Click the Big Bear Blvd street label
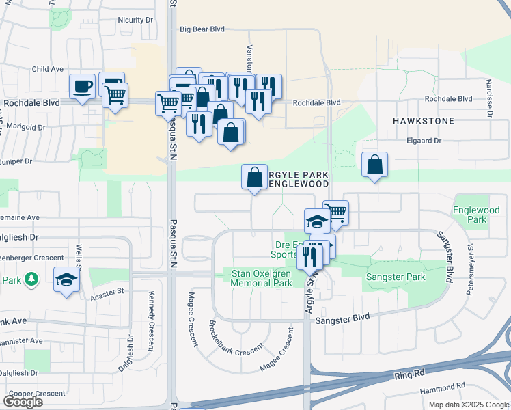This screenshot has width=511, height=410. click(202, 29)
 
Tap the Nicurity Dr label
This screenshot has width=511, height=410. click(135, 20)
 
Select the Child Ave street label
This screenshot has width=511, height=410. click(48, 69)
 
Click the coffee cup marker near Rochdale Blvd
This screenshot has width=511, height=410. click(82, 87)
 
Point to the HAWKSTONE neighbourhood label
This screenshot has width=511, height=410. click(424, 121)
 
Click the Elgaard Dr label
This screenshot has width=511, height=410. click(424, 141)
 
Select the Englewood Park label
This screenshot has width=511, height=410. click(471, 215)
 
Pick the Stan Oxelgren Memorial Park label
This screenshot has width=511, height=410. click(262, 277)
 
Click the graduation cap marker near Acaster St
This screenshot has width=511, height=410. click(67, 279)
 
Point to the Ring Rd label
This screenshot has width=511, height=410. click(409, 376)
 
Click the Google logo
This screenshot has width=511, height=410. click(23, 402)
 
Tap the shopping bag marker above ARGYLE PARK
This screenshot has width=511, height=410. click(254, 177)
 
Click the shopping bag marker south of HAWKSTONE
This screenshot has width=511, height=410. click(374, 165)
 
